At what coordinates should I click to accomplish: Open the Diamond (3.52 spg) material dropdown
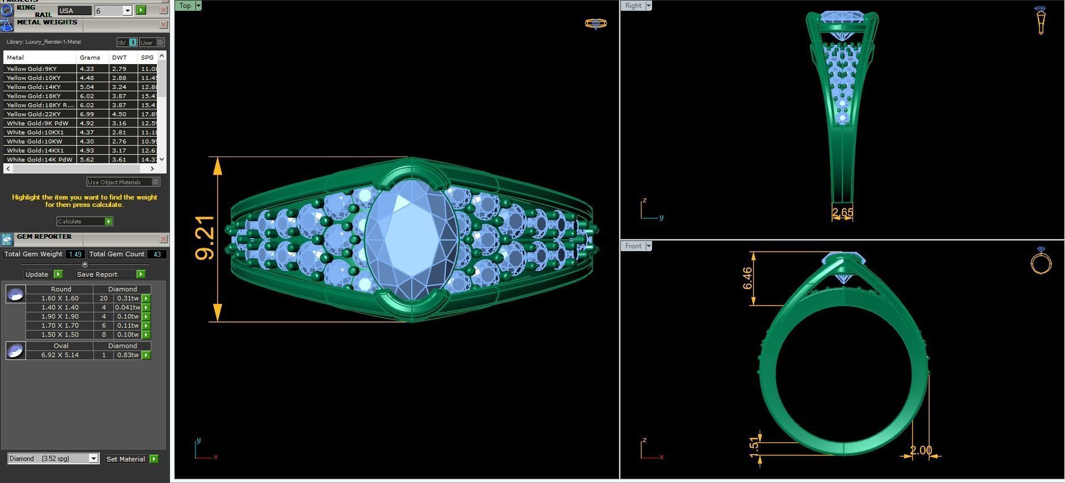tap(93, 459)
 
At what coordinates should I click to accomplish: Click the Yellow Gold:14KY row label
tap(33, 87)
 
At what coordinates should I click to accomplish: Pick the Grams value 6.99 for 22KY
tap(87, 114)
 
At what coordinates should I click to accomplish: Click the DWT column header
tap(120, 57)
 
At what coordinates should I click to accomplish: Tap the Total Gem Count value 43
tap(157, 254)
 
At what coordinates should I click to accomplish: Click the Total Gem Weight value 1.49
tap(75, 254)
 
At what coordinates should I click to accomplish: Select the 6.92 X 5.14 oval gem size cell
tap(59, 355)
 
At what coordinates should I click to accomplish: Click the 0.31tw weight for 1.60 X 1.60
tap(127, 298)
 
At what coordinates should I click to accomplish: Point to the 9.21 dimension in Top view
tap(206, 238)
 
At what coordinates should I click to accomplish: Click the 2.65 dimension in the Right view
tap(842, 213)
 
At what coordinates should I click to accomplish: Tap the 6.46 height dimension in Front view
tap(748, 278)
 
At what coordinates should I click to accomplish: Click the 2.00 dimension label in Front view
tap(921, 450)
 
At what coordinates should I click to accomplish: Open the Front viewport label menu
tap(649, 246)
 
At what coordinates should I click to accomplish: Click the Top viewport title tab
tap(185, 6)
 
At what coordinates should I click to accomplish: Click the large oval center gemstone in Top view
tap(412, 238)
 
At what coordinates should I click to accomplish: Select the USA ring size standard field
tap(74, 11)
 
